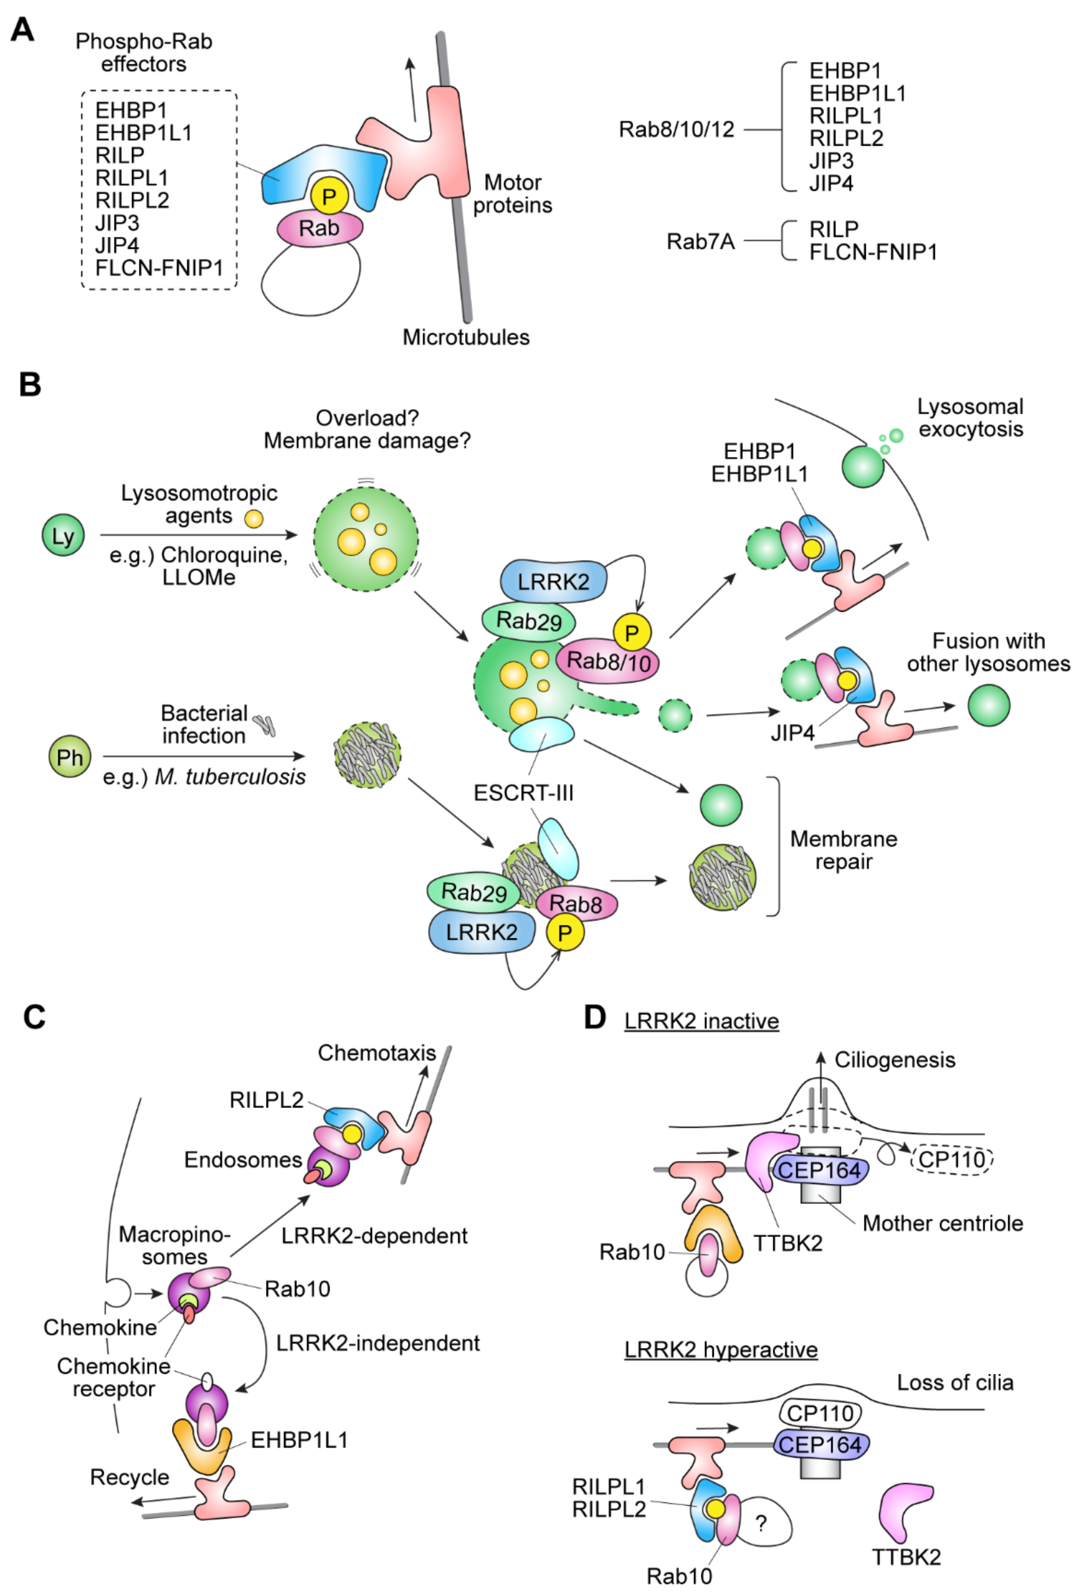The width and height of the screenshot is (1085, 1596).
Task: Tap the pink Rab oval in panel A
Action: click(x=319, y=228)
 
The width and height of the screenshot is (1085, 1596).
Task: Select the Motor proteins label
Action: click(x=512, y=194)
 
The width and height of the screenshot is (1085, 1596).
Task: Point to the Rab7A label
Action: click(x=701, y=242)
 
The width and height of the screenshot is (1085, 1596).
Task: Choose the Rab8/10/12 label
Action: click(x=676, y=129)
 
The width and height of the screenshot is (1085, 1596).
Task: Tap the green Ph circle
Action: click(x=69, y=757)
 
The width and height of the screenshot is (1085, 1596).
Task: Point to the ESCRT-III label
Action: click(x=523, y=793)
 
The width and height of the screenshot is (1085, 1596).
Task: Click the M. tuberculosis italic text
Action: click(x=230, y=777)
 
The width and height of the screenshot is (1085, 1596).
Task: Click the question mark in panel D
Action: click(x=761, y=1524)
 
